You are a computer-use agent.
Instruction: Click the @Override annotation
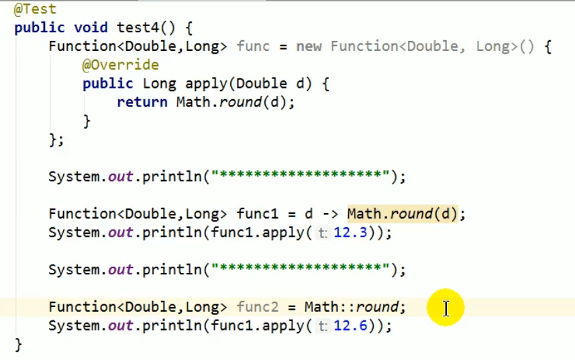click(x=121, y=65)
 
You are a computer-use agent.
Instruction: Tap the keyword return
click(x=142, y=102)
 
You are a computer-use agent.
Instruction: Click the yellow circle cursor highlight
click(x=446, y=308)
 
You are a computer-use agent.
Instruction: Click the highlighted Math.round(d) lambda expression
click(x=402, y=214)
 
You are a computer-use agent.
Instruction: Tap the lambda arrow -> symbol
click(x=330, y=214)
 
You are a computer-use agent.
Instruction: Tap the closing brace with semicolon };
click(x=56, y=139)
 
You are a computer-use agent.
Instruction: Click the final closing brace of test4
click(x=18, y=345)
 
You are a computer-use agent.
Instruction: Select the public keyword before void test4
click(x=40, y=28)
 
